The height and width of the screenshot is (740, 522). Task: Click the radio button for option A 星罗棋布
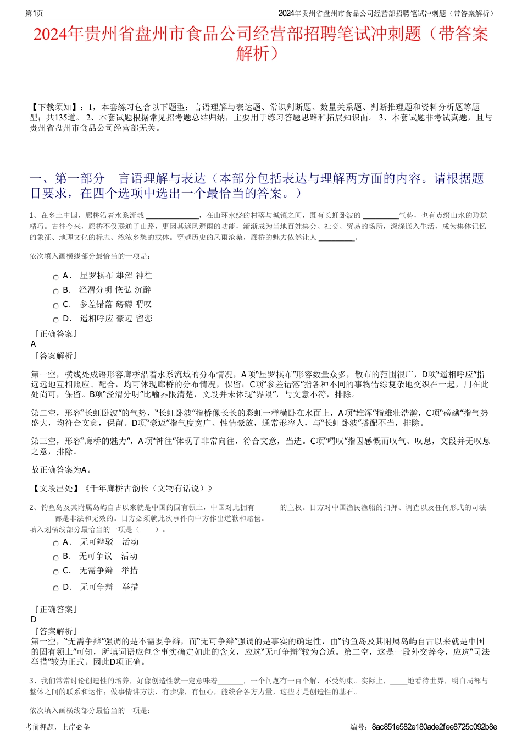coord(55,277)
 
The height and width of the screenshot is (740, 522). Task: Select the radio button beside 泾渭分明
coord(55,291)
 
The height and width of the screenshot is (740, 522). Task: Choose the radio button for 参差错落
coord(55,305)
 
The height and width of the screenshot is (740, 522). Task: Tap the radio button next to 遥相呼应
coord(55,320)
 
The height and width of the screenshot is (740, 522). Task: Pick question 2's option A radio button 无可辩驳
coord(55,543)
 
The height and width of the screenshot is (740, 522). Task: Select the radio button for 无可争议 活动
coord(55,557)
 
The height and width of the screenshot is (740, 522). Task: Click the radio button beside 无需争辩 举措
coord(55,572)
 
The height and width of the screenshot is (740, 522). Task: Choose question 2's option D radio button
coord(55,588)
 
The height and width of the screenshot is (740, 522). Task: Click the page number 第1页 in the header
coord(34,13)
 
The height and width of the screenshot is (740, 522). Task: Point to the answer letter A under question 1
coord(34,344)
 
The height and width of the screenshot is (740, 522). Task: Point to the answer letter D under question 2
coord(34,620)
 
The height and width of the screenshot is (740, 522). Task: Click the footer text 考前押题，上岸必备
coord(58,727)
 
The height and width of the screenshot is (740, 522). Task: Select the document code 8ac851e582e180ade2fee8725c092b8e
coord(434,727)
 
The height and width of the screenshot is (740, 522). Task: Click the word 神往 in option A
coord(144,276)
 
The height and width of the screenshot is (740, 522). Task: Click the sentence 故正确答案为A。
coord(62,470)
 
